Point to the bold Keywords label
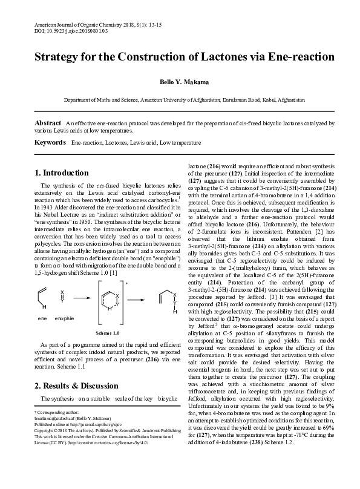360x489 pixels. pos(50,142)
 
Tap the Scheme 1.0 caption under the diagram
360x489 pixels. pos(106,333)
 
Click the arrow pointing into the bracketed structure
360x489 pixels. pos(81,297)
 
